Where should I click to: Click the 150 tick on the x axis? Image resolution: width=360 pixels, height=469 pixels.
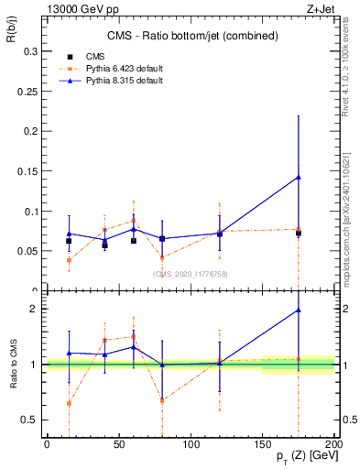coord(264,445)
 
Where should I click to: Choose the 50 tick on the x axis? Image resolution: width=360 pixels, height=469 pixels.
coord(119,445)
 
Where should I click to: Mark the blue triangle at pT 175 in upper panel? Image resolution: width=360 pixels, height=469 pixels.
coord(298,177)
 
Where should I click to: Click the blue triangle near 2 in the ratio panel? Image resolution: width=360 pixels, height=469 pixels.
coord(298,310)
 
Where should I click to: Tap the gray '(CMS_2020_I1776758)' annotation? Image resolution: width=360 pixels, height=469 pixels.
coord(190,273)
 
